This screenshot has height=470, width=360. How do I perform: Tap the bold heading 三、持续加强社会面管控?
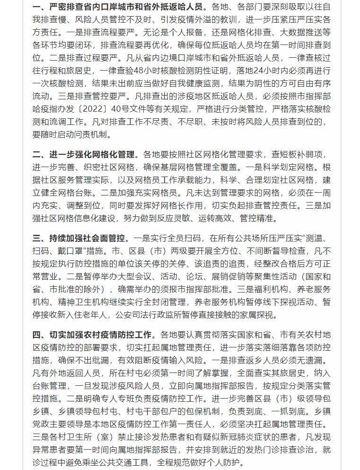click(x=79, y=238)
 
